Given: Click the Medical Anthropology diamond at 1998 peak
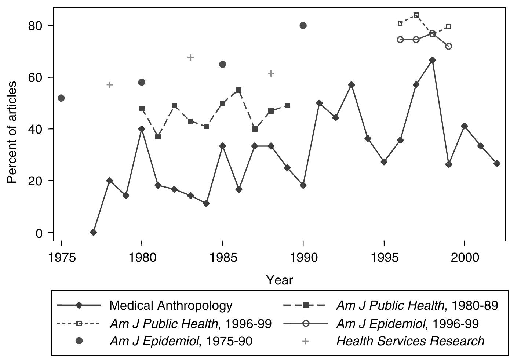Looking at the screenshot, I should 432,60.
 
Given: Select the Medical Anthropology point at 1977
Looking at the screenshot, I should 94,232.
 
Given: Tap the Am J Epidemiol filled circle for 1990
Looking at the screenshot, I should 303,25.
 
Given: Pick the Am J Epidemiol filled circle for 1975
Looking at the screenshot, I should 61,98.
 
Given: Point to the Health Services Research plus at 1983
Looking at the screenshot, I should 190,57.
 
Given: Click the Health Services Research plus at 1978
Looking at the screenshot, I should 110,85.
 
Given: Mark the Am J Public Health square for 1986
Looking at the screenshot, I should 239,90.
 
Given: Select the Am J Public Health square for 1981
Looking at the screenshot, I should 158,137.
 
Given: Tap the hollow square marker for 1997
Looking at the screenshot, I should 416,15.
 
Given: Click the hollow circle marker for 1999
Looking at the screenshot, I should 448,46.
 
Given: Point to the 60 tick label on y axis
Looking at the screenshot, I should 36,77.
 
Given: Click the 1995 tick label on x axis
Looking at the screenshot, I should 384,258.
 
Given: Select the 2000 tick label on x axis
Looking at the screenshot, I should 465,258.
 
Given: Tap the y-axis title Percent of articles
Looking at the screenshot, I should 12,132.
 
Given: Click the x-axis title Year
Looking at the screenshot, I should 280,280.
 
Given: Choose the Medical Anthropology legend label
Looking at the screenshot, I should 171,305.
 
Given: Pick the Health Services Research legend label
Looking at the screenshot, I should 410,341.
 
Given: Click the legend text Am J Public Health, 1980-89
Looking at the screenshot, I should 417,305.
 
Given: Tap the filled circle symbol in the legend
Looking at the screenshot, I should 79,341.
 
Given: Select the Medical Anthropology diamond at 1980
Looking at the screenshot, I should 142,129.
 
